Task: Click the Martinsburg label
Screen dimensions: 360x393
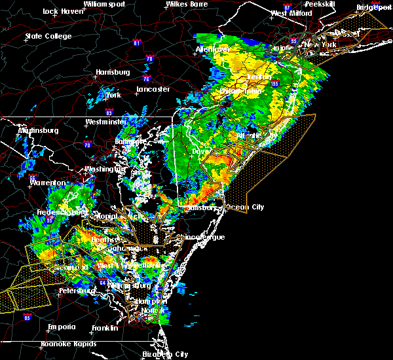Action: point(38,130)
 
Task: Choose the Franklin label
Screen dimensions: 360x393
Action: point(105,327)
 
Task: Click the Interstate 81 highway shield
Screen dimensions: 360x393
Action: point(136,43)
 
